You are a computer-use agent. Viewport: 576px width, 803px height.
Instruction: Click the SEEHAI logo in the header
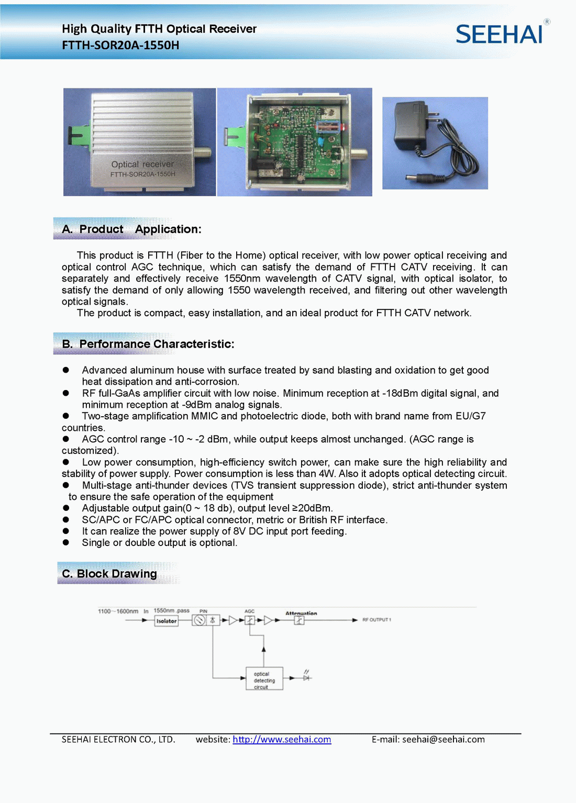pos(499,35)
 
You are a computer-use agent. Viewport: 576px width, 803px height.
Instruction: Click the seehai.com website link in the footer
pos(282,739)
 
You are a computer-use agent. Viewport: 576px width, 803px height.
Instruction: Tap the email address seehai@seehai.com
pos(444,739)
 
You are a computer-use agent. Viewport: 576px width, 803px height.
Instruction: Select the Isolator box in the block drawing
pos(167,621)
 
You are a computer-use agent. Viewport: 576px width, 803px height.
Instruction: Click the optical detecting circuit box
pos(264,678)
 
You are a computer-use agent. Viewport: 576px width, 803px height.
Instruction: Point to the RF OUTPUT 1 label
pos(376,620)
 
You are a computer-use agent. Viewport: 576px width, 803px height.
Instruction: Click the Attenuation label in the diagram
pos(301,613)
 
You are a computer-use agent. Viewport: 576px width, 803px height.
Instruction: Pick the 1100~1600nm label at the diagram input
pos(118,611)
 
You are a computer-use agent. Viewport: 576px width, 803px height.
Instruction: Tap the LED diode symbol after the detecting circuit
pos(307,677)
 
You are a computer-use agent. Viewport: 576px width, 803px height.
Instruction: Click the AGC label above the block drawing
pos(249,611)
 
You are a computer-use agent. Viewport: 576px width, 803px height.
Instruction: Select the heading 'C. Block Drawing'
pos(109,574)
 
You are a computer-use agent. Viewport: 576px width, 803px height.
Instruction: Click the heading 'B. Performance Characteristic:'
pos(148,344)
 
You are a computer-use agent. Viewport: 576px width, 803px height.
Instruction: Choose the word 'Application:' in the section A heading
pos(168,229)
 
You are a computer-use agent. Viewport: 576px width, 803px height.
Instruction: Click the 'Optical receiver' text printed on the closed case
pos(142,164)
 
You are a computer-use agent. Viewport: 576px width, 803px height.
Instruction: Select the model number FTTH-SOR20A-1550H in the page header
pos(120,45)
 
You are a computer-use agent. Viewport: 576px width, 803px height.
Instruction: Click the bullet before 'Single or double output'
pos(66,543)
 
